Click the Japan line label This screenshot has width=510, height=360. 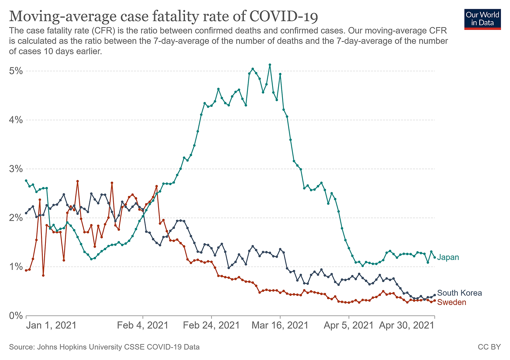448,258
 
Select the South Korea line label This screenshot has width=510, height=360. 459,293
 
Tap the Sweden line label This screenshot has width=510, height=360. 451,303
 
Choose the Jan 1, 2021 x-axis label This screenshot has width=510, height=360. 51,325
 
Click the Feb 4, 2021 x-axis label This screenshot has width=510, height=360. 143,325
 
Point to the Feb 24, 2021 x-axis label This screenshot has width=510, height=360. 211,325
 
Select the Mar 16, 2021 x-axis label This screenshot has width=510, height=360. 280,325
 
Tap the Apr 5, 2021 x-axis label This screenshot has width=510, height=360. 349,325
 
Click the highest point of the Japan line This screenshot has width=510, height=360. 270,65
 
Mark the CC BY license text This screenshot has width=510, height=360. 489,347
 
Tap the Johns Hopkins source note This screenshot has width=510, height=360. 104,347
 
